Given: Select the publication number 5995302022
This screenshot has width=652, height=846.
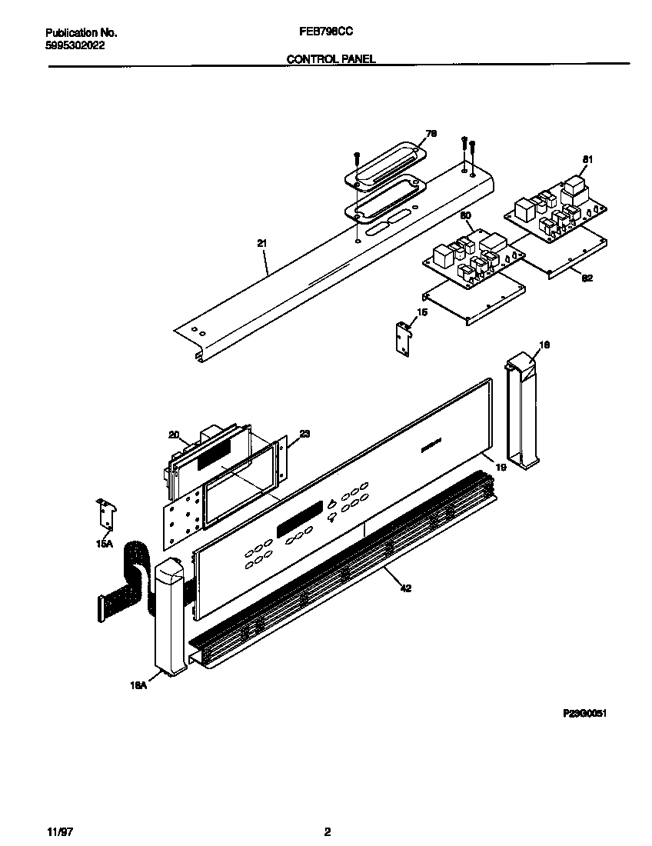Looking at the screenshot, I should pos(75,45).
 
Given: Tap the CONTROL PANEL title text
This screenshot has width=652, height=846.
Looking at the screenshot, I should pos(331,58).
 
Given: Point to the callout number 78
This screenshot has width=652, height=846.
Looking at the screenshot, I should pos(431,134).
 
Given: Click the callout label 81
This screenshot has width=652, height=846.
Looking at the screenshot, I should pos(587,159).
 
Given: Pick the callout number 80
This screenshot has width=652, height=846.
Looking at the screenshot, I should pos(464,216).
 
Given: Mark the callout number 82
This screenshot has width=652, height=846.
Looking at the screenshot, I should pos(587,279).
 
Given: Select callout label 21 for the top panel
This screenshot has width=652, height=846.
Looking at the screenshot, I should pos(262,244).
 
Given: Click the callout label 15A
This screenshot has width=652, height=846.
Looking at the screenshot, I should pos(103,544).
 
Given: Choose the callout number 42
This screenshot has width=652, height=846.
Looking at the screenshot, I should pos(404,588).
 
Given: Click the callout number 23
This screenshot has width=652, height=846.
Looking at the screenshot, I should pos(304,435).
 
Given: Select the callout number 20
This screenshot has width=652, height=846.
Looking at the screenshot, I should pos(174,435).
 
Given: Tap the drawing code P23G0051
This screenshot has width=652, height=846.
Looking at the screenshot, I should pos(586,714).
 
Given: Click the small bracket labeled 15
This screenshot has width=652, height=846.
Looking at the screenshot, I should pos(402,338).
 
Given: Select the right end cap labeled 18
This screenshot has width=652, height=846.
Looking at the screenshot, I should pos(522,411).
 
